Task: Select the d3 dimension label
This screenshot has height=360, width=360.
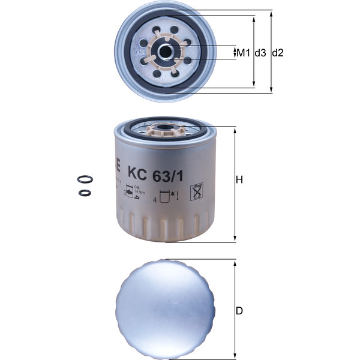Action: coord(260,53)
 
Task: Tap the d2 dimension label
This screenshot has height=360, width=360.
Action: coord(278,53)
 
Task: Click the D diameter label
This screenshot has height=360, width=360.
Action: coord(239,311)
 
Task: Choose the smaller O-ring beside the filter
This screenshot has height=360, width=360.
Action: coord(85,193)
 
